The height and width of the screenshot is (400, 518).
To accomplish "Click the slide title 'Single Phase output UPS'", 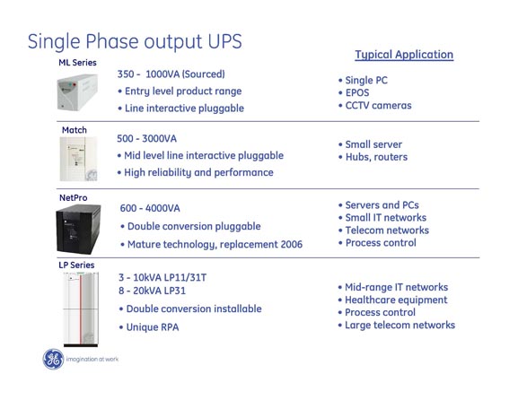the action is tap(135, 42).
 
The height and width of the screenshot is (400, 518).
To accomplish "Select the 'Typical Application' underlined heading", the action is tap(404, 55).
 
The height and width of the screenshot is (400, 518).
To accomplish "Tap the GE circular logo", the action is tap(53, 359).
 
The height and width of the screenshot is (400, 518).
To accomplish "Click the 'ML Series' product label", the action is tap(77, 63).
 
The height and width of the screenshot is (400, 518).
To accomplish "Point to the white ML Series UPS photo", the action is tap(77, 92).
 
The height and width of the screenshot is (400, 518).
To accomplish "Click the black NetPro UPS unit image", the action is tap(78, 229).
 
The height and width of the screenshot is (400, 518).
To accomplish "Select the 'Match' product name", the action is tap(75, 130).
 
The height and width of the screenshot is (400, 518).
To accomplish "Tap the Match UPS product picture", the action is tap(78, 159).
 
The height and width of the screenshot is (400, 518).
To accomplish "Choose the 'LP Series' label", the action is tap(76, 265).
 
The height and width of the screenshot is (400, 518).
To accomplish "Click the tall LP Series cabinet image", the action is tap(81, 309).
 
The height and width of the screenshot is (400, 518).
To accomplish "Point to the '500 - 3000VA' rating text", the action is tap(146, 139).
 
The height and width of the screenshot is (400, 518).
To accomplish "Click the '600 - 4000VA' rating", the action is tap(150, 208).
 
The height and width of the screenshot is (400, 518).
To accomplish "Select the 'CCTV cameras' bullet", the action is tap(378, 106).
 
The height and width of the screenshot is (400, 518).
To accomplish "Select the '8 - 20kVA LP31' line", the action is tap(152, 291).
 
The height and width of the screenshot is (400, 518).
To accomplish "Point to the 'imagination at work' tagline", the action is tap(92, 359).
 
